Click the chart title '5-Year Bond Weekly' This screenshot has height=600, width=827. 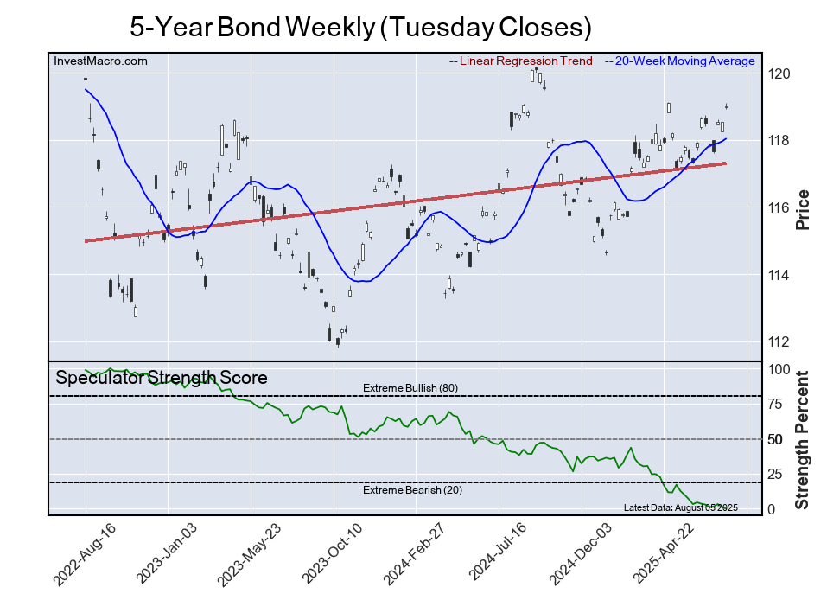tap(360, 27)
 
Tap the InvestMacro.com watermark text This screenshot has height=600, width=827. tap(101, 61)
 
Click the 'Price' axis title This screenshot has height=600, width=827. tap(802, 208)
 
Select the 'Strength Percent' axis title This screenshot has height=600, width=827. tap(802, 439)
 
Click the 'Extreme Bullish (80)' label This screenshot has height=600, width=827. tap(410, 388)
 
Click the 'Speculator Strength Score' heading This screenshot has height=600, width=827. tap(162, 378)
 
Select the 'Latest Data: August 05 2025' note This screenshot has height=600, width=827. tap(680, 507)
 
